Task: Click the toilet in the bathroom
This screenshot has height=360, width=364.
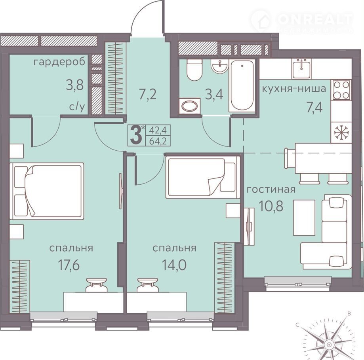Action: pyautogui.click(x=194, y=70)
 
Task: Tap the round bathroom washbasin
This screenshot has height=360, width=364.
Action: pyautogui.click(x=219, y=66)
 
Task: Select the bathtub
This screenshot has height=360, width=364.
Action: pyautogui.click(x=242, y=85)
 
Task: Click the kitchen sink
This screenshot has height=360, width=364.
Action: pyautogui.click(x=301, y=68)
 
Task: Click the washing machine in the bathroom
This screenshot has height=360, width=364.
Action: pyautogui.click(x=190, y=106)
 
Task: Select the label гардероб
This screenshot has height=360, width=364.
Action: pyautogui.click(x=59, y=63)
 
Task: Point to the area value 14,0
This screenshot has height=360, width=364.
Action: pyautogui.click(x=174, y=265)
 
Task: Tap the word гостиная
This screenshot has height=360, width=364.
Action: pyautogui.click(x=271, y=189)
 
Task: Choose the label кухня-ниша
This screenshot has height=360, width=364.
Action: pyautogui.click(x=294, y=89)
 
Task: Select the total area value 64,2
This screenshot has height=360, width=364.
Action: pyautogui.click(x=158, y=141)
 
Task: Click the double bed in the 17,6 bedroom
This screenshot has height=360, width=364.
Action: pyautogui.click(x=46, y=191)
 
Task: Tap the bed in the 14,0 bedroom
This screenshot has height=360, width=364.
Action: pyautogui.click(x=203, y=177)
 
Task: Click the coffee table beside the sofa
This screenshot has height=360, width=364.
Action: pyautogui.click(x=304, y=218)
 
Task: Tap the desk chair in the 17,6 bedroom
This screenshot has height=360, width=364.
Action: pyautogui.click(x=96, y=285)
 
